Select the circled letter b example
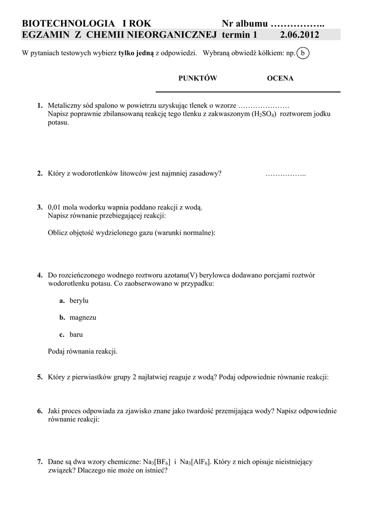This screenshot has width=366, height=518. [x=303, y=53]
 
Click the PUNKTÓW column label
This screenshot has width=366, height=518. [x=198, y=78]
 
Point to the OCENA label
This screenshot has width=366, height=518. [x=280, y=78]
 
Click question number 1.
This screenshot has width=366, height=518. [x=39, y=106]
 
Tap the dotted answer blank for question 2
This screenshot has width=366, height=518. [x=286, y=174]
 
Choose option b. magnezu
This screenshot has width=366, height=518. [x=77, y=318]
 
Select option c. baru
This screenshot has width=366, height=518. [x=71, y=334]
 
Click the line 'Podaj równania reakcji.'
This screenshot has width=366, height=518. [x=82, y=351]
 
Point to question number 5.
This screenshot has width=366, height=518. [x=39, y=377]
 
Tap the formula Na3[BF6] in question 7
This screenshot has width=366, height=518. [x=157, y=462]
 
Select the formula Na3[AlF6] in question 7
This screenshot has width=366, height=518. [x=196, y=462]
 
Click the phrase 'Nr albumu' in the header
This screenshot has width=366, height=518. [x=244, y=24]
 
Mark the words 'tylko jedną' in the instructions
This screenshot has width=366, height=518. [x=136, y=53]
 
